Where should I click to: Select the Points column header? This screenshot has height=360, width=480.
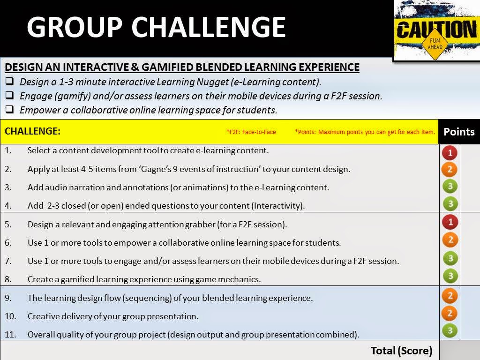pos(459,132)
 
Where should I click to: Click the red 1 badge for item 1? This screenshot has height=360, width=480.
pos(450,153)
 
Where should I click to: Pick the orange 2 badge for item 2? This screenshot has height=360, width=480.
pos(450,169)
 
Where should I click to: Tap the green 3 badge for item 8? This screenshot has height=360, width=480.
pos(450,276)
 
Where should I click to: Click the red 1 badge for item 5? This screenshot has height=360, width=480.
pos(450,222)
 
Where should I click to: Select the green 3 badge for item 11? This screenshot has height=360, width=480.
pos(450,331)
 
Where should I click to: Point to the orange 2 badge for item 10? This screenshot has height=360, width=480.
pos(450,313)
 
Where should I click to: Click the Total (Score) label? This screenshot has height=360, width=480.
pos(401,351)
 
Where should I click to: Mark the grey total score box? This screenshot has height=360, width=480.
pos(459,351)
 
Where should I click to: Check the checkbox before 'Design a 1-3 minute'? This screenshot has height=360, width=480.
pos(9,82)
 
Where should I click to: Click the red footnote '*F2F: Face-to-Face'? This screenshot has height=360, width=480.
pos(251,132)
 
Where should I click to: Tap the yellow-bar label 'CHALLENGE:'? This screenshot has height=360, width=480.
pos(32,131)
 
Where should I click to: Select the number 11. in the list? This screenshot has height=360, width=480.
pos(10,335)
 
